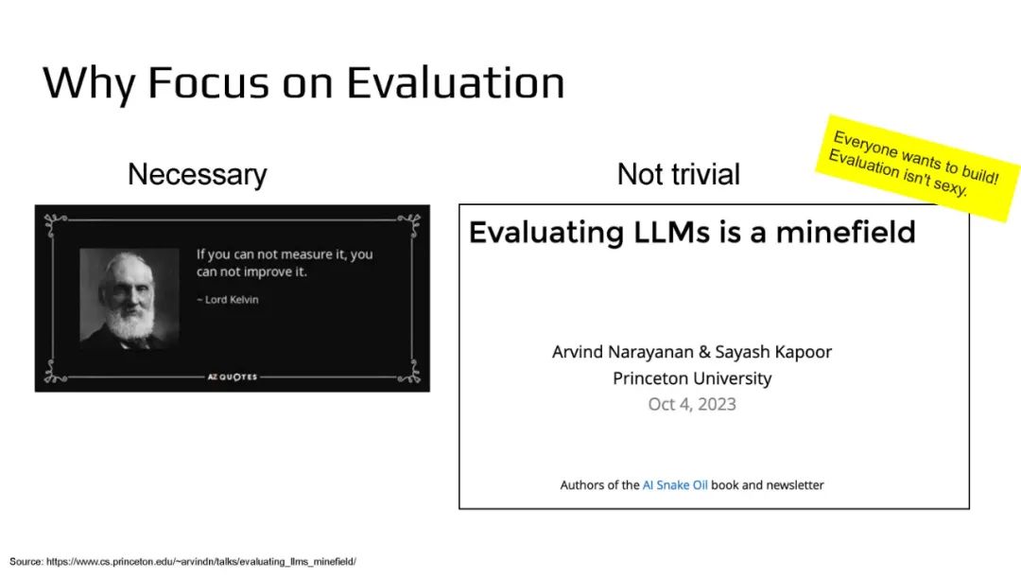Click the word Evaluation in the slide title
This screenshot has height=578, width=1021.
[x=455, y=82]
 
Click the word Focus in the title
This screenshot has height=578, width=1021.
[x=208, y=82]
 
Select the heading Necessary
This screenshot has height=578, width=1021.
[x=198, y=175]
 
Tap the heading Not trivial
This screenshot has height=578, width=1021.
[x=679, y=175]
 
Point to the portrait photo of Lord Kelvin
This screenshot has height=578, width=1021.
[x=130, y=298]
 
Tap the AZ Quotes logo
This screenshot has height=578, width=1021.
[x=233, y=377]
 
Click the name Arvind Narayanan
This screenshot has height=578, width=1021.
[x=622, y=352]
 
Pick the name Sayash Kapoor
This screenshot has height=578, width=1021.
[x=773, y=352]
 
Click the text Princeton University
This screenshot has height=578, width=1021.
[x=692, y=378]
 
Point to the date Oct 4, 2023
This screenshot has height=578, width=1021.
[x=692, y=404]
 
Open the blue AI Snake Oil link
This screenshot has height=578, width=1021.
[x=675, y=484]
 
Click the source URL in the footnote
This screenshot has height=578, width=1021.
[x=201, y=561]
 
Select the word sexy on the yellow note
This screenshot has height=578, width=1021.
[x=951, y=186]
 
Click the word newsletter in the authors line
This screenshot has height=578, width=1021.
[x=795, y=484]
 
